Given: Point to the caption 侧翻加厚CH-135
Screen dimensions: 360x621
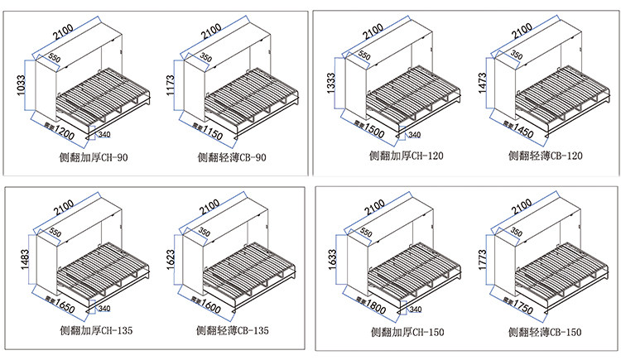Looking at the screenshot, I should (96, 330).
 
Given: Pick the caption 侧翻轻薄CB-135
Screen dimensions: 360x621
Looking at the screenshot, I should (235, 330).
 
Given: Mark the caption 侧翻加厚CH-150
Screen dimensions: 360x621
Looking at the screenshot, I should (409, 333).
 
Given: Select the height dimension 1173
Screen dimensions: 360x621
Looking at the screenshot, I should (171, 85).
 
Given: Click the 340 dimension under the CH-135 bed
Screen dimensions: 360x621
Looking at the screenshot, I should (104, 309).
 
